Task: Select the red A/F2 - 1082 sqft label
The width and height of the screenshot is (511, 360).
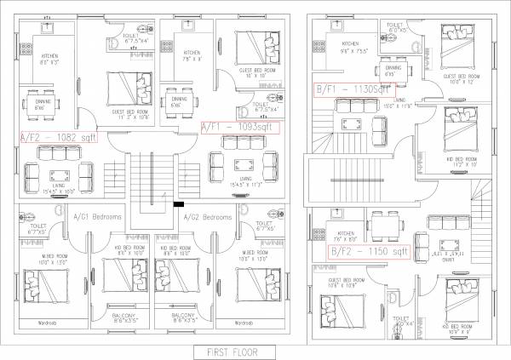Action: [58, 135]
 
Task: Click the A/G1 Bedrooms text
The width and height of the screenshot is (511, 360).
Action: [97, 217]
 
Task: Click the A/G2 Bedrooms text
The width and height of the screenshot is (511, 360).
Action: [208, 217]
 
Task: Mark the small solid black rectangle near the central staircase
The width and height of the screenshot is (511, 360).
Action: [178, 205]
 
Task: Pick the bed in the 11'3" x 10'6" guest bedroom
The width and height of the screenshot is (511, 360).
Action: [123, 88]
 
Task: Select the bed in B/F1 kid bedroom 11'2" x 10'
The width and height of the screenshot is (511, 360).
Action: [461, 124]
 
